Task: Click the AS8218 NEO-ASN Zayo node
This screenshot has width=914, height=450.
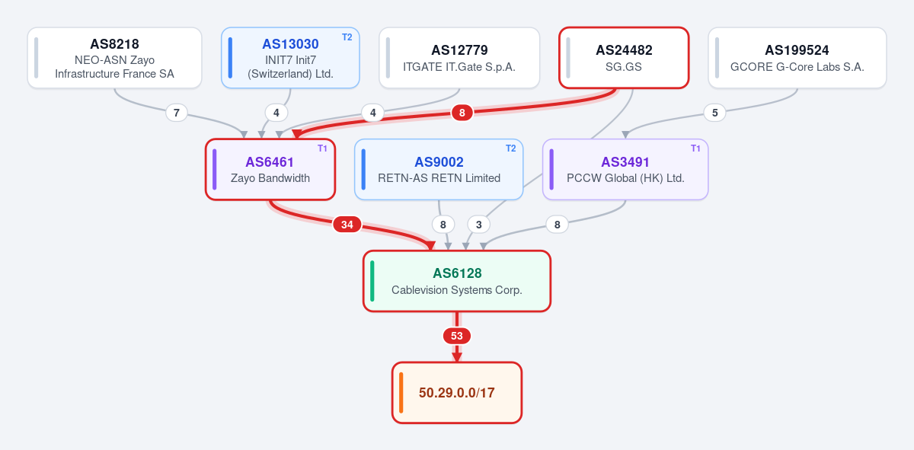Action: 115,58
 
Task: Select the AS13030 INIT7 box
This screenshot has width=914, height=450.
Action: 290,58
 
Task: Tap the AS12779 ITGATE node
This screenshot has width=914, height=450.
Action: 459,58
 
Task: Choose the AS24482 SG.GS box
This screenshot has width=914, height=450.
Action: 624,58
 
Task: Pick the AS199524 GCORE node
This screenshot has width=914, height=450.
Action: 797,58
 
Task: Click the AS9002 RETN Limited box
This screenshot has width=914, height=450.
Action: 439,169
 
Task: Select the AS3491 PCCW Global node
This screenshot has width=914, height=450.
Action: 625,169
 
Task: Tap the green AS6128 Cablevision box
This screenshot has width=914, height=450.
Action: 457,281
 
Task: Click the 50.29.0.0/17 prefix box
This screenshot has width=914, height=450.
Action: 457,392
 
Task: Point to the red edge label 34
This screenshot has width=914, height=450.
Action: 347,225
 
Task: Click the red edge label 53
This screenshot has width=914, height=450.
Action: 457,336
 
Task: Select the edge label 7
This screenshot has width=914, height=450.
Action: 177,113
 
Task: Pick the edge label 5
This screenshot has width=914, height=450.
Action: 715,113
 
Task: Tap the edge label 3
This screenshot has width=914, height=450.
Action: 478,225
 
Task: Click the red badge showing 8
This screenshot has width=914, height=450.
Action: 462,113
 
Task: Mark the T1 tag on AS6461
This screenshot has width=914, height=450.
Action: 322,148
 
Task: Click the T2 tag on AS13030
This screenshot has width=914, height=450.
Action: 347,37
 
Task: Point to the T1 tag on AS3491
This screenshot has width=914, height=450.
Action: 695,148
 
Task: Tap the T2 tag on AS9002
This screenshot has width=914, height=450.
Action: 511,148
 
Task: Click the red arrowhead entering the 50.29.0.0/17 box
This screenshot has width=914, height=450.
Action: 457,357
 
